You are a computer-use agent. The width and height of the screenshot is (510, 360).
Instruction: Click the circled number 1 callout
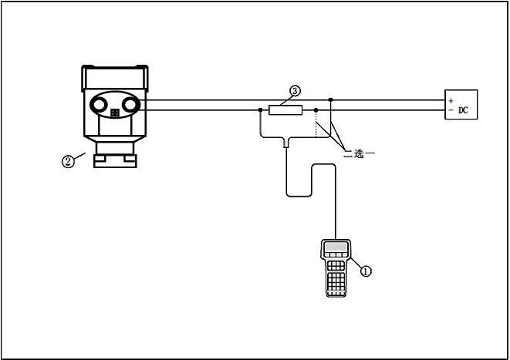366,271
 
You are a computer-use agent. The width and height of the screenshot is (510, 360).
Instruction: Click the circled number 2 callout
68,161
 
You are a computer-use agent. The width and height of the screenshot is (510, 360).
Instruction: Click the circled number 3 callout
295,91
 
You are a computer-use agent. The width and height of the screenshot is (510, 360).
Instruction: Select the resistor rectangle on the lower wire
285,110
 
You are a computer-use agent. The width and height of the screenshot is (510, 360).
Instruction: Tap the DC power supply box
461,105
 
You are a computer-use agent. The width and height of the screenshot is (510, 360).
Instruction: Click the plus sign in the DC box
451,101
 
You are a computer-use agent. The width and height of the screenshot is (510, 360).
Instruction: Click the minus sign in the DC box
451,110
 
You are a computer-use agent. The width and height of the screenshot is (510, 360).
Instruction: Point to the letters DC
463,110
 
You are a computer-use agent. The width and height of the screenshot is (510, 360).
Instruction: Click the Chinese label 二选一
359,153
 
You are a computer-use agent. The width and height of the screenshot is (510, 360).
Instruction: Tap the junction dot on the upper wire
331,99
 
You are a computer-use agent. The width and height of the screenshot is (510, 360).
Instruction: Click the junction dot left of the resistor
260,110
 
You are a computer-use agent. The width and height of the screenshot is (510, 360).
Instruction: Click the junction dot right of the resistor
316,110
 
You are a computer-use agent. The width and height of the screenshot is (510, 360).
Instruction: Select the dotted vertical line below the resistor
316,125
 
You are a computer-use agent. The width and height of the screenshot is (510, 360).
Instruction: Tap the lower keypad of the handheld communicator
336,281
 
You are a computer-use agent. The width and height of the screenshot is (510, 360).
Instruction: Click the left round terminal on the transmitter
99,105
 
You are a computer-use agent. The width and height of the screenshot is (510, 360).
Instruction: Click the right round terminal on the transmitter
130,105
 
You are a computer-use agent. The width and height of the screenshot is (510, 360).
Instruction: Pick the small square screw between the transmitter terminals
115,113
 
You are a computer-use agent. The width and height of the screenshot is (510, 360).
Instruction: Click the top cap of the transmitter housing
115,78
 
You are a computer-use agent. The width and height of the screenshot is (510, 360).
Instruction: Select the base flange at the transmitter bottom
115,161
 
